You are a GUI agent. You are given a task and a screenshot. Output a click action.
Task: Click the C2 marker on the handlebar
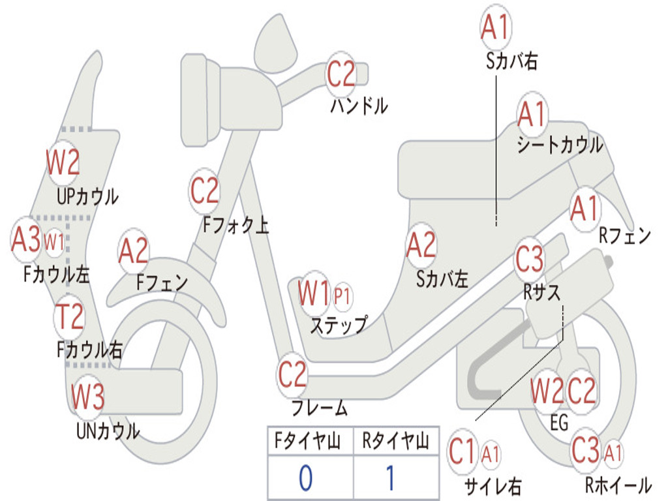click(341, 74)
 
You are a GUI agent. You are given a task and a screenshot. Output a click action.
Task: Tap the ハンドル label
click(359, 106)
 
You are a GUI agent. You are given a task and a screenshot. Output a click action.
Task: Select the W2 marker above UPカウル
click(63, 162)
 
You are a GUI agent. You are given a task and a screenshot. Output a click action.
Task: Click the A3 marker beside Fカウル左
click(26, 239)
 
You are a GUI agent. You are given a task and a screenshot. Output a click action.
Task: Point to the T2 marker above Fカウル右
click(69, 317)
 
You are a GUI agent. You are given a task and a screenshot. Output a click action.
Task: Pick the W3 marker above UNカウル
click(87, 396)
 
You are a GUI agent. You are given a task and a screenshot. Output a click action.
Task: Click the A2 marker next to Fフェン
click(133, 250)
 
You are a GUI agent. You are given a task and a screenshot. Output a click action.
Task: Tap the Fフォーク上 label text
click(236, 224)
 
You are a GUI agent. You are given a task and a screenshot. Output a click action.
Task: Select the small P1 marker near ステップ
click(342, 296)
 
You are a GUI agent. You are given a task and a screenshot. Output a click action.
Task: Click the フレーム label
click(319, 408)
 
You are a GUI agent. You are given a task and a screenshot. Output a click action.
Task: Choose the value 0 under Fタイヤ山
click(305, 478)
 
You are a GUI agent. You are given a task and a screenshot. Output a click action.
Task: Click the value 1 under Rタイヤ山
click(390, 478)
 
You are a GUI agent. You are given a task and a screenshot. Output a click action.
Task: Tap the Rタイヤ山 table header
click(395, 440)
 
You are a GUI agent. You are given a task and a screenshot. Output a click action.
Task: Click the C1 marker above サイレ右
click(462, 451)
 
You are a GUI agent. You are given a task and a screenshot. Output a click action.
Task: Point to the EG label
click(559, 423)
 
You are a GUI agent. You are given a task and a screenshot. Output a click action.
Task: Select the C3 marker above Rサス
click(530, 258)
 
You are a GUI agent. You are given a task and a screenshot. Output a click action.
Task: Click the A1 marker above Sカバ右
click(496, 26)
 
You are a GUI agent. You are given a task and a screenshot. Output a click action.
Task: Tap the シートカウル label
click(560, 145)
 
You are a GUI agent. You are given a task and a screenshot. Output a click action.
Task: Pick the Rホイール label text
click(618, 485)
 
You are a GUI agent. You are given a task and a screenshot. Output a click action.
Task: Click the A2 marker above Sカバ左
click(421, 245)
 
